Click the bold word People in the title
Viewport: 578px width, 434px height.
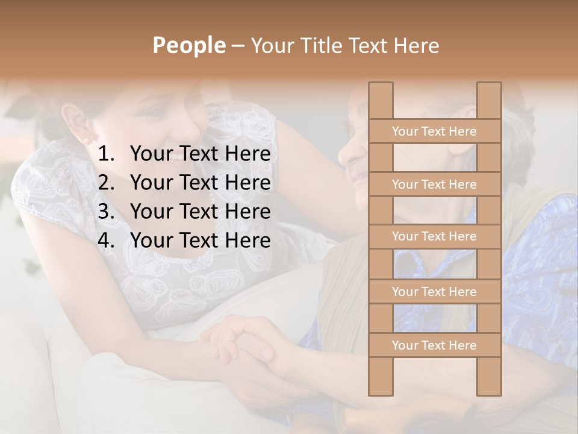(x=188, y=45)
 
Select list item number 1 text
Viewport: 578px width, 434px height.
(x=200, y=154)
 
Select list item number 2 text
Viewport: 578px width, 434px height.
(x=200, y=183)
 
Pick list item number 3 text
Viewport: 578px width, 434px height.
(x=200, y=212)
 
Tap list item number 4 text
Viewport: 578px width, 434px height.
(x=200, y=241)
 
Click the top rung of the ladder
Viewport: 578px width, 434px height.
(x=434, y=131)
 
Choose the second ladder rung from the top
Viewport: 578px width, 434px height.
(x=434, y=184)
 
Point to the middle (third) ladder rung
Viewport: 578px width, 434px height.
(x=434, y=237)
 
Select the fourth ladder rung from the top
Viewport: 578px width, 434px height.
(x=434, y=292)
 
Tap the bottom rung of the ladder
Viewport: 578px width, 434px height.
(x=434, y=345)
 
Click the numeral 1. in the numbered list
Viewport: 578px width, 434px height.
(x=107, y=154)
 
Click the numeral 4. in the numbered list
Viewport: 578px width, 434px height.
(x=107, y=241)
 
